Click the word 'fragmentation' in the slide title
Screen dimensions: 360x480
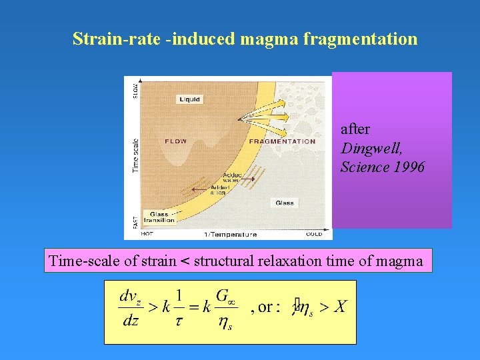click(360, 39)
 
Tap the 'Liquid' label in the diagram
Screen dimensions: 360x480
click(189, 99)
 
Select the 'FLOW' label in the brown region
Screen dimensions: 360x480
click(176, 141)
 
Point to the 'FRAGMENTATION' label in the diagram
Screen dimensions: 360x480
click(282, 141)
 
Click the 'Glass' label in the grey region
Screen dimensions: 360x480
click(285, 203)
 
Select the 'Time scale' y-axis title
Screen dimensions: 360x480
click(136, 155)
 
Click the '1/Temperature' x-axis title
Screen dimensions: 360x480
click(229, 235)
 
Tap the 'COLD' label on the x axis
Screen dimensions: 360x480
click(313, 235)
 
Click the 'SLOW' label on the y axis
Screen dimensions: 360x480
click(136, 89)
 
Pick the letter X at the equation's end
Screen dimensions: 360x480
click(340, 306)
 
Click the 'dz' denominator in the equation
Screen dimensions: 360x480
click(131, 321)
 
